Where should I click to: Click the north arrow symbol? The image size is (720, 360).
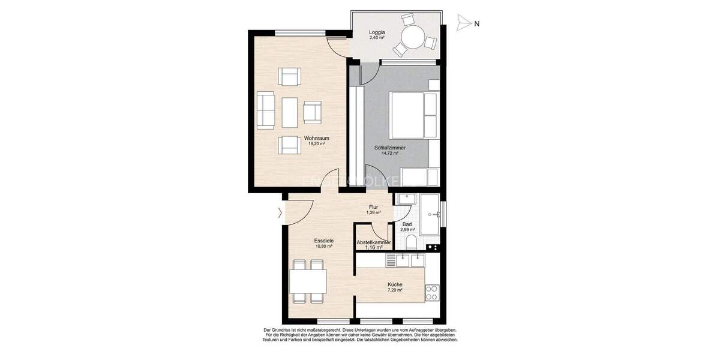(463, 23)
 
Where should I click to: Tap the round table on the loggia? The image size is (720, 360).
(413, 39)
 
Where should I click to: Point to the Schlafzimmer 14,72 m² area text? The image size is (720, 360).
(390, 153)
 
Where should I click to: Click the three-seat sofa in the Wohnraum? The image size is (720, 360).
(265, 110)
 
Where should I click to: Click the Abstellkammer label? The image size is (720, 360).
(374, 243)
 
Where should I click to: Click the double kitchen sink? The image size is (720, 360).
(406, 260)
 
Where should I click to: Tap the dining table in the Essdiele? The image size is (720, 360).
(308, 281)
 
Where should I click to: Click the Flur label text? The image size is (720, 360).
(373, 208)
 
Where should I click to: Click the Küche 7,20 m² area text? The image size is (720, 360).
(395, 290)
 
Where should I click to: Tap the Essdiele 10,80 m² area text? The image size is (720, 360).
(323, 246)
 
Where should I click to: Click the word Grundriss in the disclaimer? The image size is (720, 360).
(286, 330)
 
